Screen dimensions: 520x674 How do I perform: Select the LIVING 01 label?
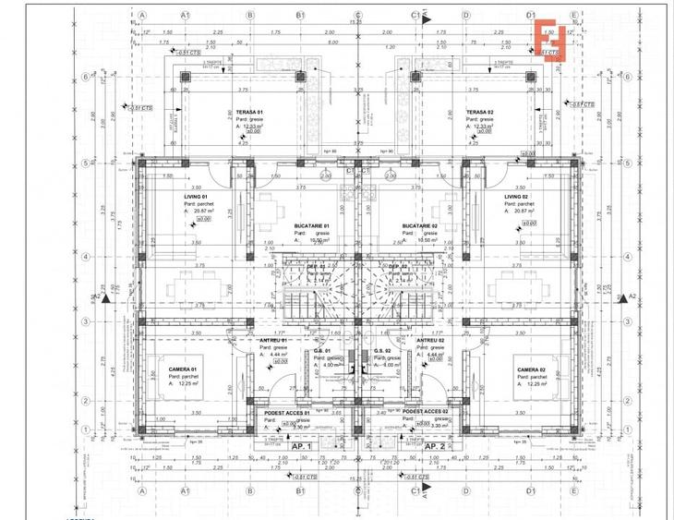198,197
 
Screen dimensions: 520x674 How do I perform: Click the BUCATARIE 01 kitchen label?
312,225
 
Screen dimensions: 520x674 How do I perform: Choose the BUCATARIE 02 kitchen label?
419,225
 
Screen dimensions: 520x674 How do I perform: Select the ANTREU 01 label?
275,341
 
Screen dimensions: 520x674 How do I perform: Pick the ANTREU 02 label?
428,341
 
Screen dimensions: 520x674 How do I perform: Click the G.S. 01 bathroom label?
322,351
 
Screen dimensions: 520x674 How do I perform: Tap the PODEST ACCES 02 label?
426,411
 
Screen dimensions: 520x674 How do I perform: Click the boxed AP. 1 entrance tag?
304,445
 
